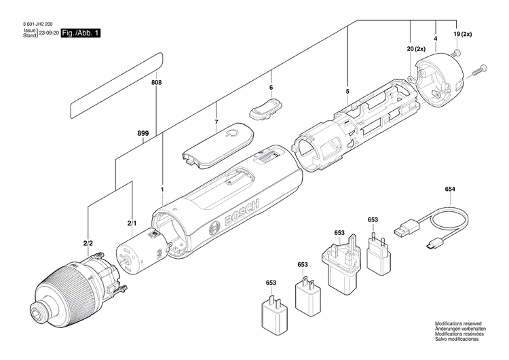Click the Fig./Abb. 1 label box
pos(81,33)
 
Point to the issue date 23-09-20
pos(49,33)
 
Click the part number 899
pos(143,134)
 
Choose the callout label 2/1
pos(132,223)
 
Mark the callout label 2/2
pos(88,242)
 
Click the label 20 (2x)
pos(415,50)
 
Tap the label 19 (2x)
pos(461,33)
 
